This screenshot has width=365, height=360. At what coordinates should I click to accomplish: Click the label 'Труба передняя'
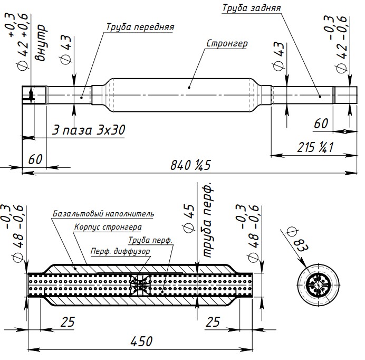point(140,27)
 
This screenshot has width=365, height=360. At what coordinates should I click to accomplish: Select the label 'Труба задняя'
point(252,8)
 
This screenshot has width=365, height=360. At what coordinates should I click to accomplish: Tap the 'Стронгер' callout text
point(227,44)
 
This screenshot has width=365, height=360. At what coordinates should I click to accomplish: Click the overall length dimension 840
point(190,165)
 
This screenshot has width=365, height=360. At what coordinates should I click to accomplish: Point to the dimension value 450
point(141,342)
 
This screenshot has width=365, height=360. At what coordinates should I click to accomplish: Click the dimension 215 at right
point(315,147)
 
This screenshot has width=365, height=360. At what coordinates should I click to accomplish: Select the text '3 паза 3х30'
point(89,130)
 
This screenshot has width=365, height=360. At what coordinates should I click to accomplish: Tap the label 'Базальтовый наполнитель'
point(103,214)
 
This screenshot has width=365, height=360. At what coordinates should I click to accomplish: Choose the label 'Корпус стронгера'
point(108,227)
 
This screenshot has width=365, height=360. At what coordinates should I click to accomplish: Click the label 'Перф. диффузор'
point(120,251)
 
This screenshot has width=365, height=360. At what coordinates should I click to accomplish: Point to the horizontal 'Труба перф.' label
point(150,240)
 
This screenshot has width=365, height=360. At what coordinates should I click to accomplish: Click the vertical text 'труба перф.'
point(207,220)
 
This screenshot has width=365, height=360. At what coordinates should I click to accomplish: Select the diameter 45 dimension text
point(189,219)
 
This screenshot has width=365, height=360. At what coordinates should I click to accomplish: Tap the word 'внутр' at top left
point(41,43)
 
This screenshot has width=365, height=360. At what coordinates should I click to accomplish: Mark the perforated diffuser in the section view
point(140,285)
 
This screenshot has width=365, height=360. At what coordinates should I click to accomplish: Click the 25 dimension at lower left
point(68,322)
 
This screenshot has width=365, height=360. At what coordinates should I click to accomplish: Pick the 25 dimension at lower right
point(213,322)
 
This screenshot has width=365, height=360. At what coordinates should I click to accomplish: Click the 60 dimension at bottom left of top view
point(35,159)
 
